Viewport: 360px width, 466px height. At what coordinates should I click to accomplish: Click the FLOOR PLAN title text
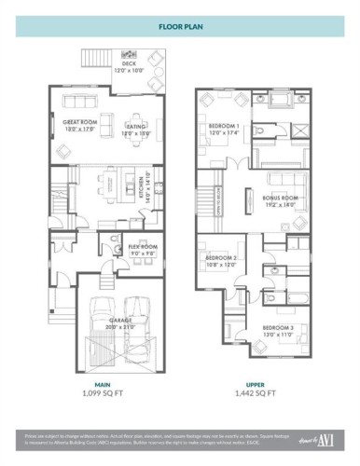point(179,28)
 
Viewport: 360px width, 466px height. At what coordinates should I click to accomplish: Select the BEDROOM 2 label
point(221,257)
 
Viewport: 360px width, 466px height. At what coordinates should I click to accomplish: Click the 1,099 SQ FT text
point(102,394)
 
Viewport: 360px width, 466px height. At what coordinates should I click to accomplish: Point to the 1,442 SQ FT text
point(256,394)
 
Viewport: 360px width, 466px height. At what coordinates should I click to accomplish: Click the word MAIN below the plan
point(102,384)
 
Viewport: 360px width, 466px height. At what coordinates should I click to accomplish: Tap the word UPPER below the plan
point(256,384)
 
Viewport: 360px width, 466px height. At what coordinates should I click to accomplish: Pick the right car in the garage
point(138,312)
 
